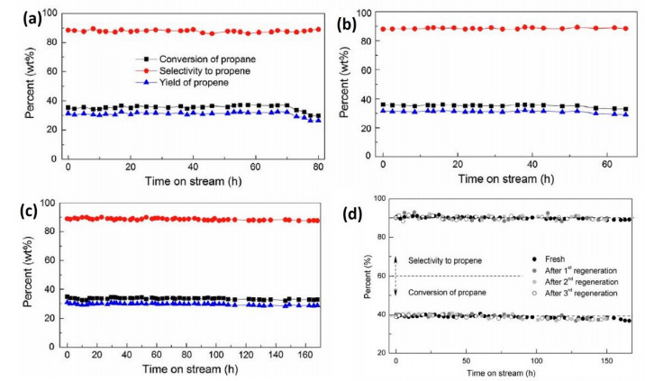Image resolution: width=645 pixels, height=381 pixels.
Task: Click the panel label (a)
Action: [x=32, y=19]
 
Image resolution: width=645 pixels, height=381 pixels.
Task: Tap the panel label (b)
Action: [x=346, y=24]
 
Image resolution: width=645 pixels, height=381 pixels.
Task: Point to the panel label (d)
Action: [x=353, y=214]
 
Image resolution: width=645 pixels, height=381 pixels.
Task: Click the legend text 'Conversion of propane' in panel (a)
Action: [x=207, y=59]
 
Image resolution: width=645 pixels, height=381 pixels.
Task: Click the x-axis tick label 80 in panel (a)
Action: [x=318, y=167]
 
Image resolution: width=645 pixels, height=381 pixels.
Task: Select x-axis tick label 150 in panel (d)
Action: [x=607, y=361]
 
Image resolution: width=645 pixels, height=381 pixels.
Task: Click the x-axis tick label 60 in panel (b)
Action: [x=606, y=164]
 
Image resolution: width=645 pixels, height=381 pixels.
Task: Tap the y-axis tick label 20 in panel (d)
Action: [x=381, y=352]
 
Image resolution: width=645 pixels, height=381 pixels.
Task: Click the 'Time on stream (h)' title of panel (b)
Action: [x=505, y=179]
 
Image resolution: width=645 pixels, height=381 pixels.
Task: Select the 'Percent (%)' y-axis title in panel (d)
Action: [x=368, y=277]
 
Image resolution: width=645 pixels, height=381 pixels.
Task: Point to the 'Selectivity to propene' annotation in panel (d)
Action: [x=445, y=260]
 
